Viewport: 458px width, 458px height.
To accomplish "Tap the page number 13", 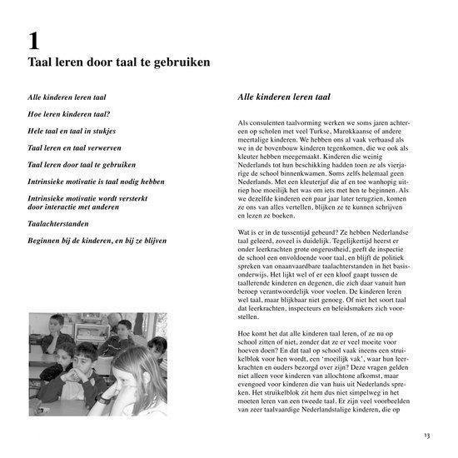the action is point(426,434).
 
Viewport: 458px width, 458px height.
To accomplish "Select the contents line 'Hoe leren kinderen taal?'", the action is point(70,113).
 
